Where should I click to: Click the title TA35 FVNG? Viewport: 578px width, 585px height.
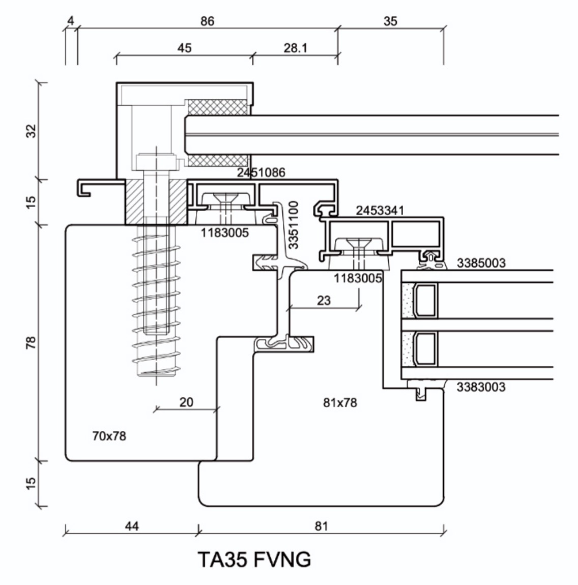[x=254, y=560]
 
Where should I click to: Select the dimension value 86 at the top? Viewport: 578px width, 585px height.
[x=207, y=21]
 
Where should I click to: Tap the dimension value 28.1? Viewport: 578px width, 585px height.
[x=296, y=48]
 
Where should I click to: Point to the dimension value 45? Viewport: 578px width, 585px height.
[x=184, y=48]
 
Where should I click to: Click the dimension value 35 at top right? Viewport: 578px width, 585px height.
[x=390, y=21]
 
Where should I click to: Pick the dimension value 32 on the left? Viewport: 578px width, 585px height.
[x=32, y=131]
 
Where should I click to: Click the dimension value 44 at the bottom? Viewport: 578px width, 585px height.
[x=132, y=526]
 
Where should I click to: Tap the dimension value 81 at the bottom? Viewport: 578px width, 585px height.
[x=321, y=526]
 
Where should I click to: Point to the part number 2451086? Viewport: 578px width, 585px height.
[x=261, y=172]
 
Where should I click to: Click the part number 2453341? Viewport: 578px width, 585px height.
[x=380, y=210]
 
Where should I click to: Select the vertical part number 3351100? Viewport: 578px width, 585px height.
[x=293, y=225]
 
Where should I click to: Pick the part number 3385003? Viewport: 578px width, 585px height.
[x=481, y=263]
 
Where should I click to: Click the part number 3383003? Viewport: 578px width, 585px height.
[x=481, y=387]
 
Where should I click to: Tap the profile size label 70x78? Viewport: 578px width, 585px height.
[x=109, y=436]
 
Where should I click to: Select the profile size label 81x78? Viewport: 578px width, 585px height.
[x=340, y=403]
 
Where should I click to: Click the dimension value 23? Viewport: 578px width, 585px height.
[x=324, y=300]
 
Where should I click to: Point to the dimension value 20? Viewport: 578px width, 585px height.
[x=186, y=402]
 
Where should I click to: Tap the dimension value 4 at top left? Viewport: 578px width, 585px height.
[x=70, y=21]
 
